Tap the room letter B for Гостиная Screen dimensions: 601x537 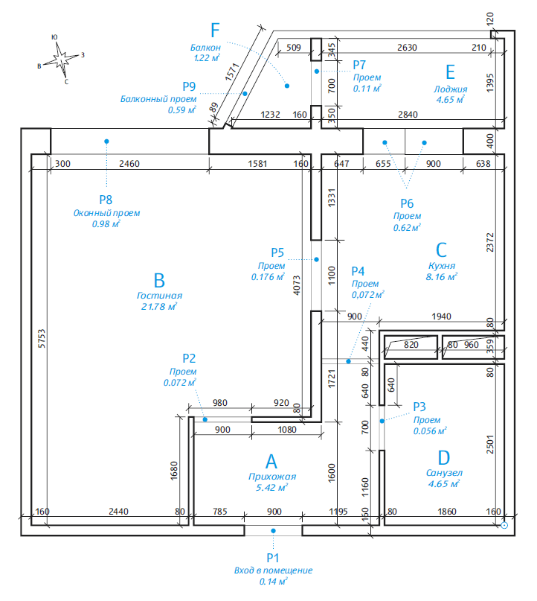coord(158,281)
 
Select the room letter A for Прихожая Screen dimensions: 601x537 coord(271,461)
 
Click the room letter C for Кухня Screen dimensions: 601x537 coord(441,249)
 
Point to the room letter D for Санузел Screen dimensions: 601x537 coord(444,456)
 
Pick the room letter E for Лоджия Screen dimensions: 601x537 coord(449,71)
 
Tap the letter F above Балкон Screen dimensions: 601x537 coord(216,31)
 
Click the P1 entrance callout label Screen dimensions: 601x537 coord(272,557)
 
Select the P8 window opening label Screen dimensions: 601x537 coord(106,199)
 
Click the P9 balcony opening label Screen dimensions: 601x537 coord(189,86)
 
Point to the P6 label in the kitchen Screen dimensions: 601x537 coord(407,203)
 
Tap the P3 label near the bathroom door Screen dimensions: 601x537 coord(420,406)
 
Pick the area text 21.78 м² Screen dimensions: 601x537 coord(158,306)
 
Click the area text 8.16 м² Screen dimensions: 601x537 coord(441,276)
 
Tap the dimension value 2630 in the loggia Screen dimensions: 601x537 coord(407,48)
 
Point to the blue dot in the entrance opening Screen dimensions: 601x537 coord(273,530)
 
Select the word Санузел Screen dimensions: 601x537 coord(444,472)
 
